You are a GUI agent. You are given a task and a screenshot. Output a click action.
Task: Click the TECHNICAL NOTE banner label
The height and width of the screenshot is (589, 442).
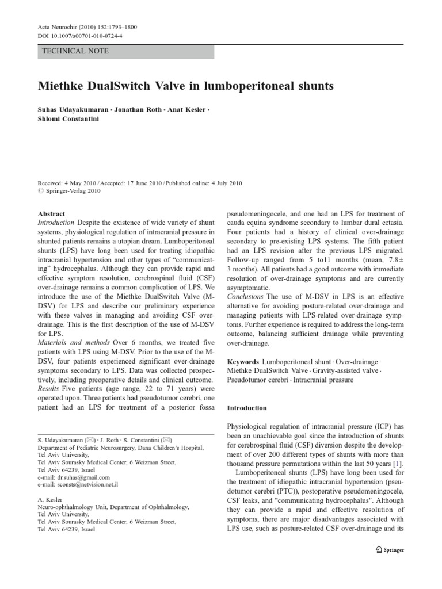[75, 51]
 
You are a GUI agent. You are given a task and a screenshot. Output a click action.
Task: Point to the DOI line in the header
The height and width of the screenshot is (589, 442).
[77, 36]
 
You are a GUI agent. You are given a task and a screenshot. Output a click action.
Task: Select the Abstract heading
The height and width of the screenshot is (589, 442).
[51, 213]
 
